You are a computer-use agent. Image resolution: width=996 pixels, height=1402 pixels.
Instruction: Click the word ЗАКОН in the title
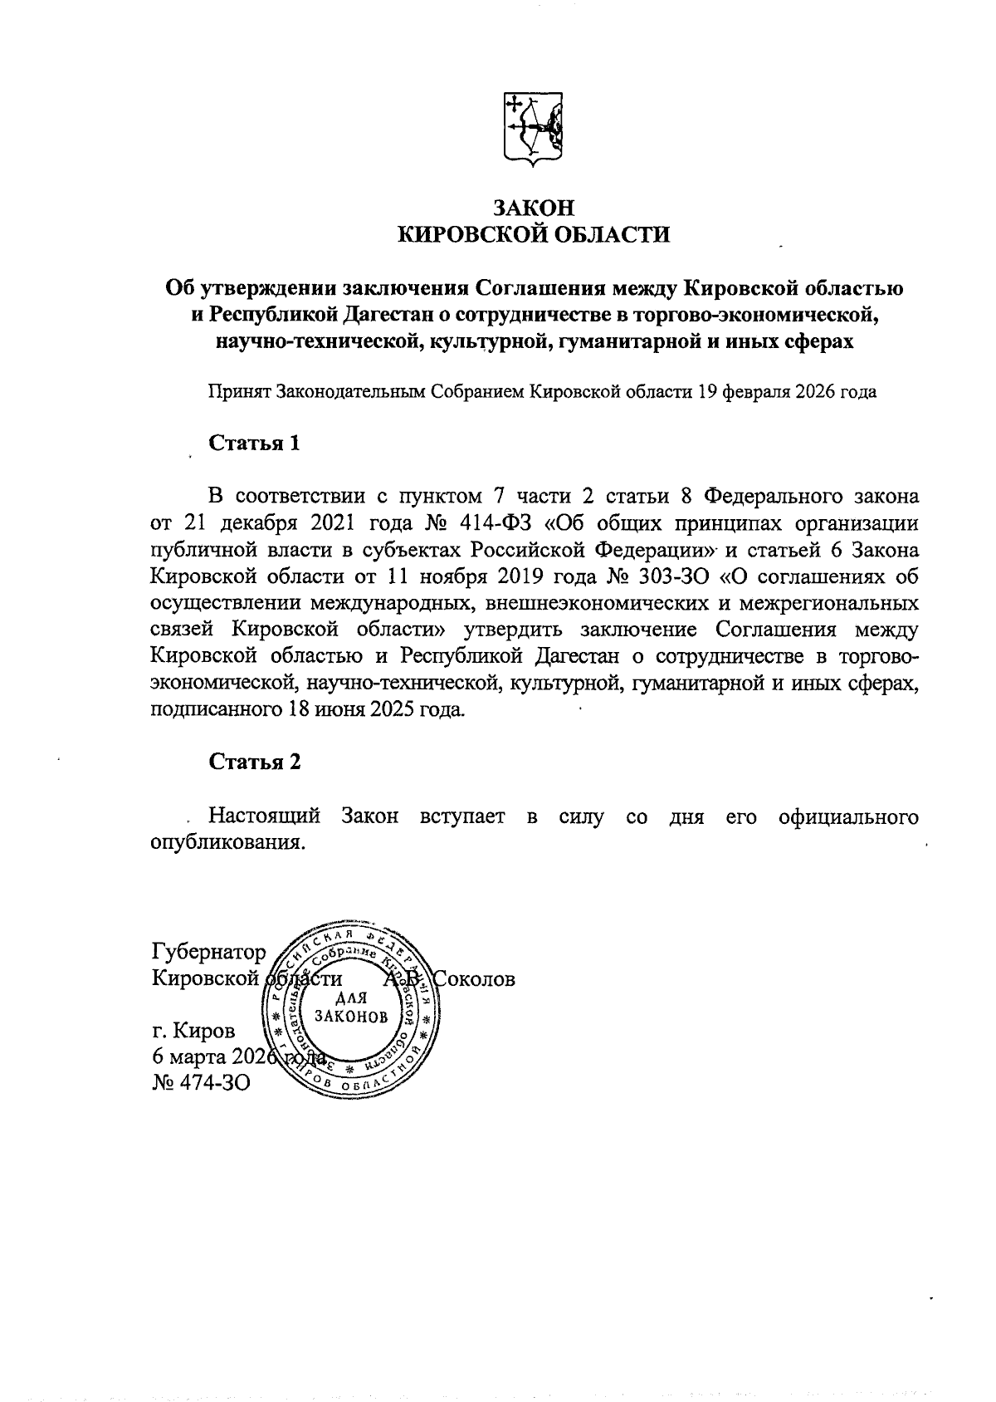tap(534, 208)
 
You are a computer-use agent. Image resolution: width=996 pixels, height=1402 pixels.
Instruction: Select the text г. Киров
tap(193, 1031)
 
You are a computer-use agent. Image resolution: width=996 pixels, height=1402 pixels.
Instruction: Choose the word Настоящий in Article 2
tap(264, 816)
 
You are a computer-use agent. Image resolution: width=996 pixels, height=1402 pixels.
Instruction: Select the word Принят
tap(237, 391)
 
